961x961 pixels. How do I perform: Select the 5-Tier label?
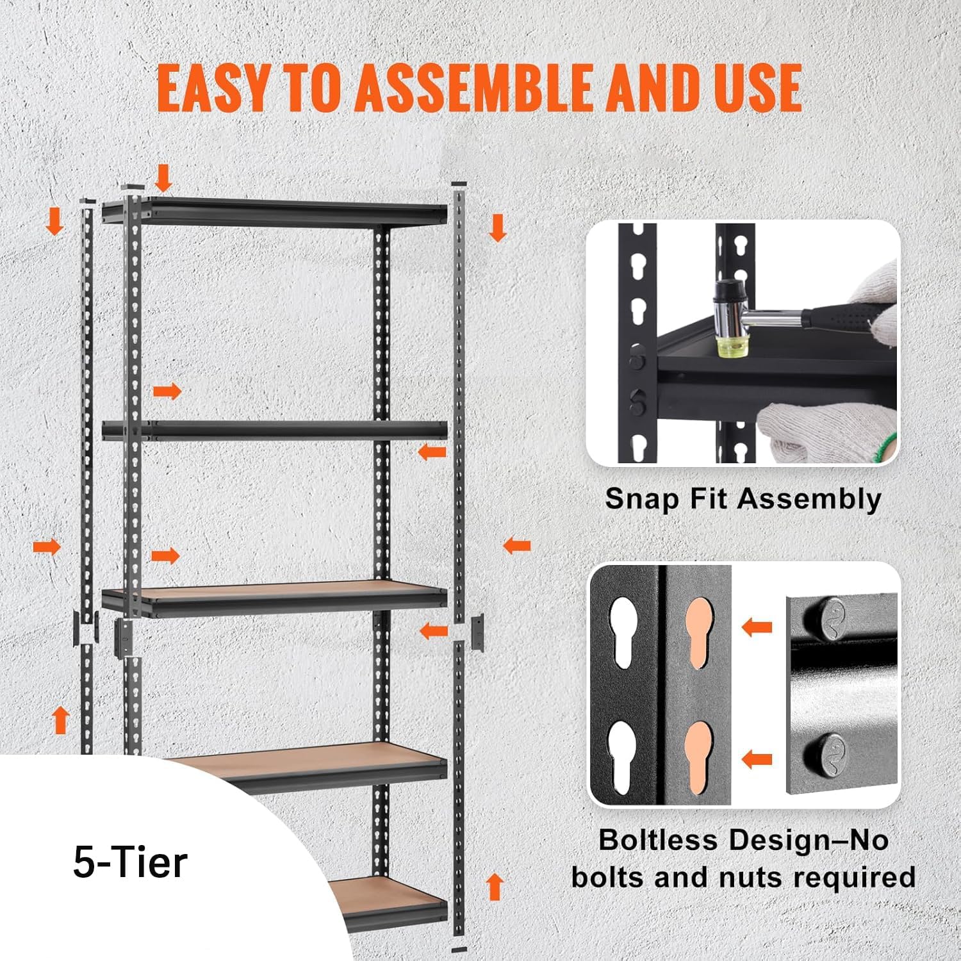tap(130, 862)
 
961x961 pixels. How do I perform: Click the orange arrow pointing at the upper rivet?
tap(756, 627)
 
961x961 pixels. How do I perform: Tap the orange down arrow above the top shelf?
tap(164, 177)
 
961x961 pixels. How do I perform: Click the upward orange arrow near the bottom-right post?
tap(494, 887)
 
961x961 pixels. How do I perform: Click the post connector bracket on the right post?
tap(478, 632)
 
